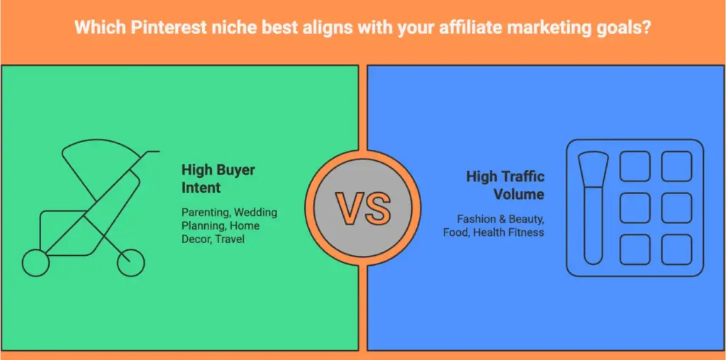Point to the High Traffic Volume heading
[505, 185]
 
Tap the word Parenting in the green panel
[206, 213]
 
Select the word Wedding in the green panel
[256, 213]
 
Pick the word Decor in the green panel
[196, 239]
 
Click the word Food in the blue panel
[455, 232]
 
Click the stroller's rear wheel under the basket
[35, 264]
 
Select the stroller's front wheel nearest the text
[130, 263]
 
